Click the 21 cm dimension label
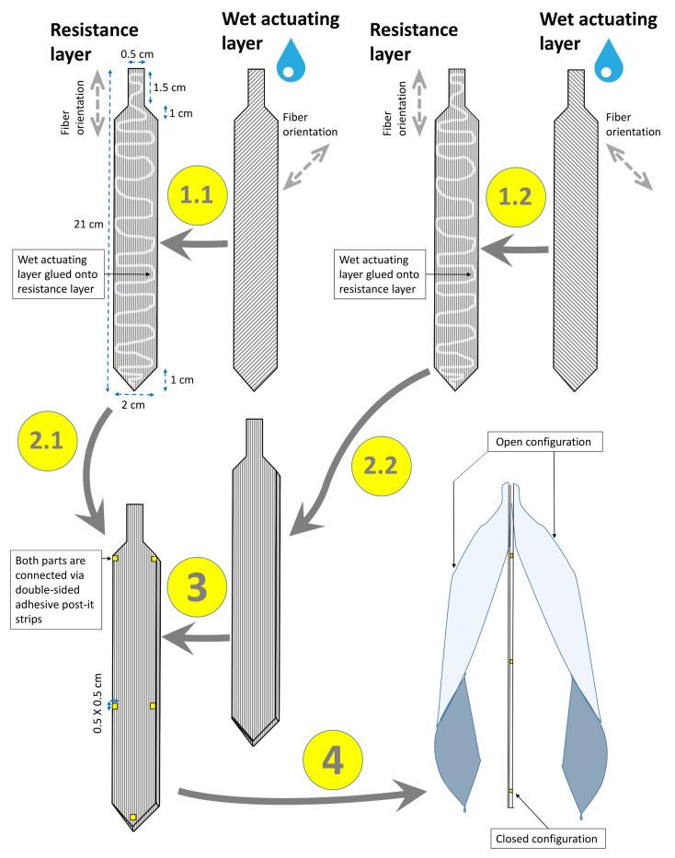[90, 223]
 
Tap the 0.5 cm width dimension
[136, 53]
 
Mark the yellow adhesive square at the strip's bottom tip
[133, 817]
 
